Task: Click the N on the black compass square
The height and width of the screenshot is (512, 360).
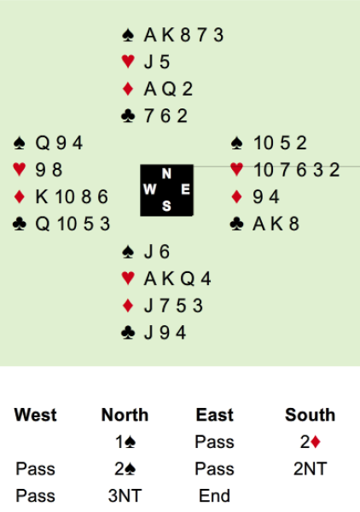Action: point(166,173)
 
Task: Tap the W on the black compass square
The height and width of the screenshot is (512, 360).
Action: point(149,189)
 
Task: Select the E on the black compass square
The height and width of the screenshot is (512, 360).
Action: point(185,189)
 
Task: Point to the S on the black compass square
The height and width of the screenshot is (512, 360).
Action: point(166,206)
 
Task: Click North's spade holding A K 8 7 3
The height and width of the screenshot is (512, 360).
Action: point(183,35)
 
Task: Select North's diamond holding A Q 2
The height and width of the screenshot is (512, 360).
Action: point(168,89)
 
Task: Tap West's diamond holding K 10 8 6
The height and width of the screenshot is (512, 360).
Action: point(72,197)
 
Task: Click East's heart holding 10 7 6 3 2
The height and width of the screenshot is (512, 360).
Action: point(296,170)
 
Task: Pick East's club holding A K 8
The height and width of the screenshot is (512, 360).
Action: point(276,224)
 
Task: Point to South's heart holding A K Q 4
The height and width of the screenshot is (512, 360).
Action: point(177,279)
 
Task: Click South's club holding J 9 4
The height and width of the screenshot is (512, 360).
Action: point(165,333)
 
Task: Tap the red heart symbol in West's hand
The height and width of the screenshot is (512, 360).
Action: point(20,170)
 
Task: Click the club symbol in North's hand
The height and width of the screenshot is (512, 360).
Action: point(128,116)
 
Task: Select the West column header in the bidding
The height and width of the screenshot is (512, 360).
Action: point(35,415)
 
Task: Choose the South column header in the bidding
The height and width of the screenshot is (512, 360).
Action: point(310,415)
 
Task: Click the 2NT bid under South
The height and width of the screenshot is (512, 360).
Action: point(310,468)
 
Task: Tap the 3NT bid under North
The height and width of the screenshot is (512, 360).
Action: point(125,496)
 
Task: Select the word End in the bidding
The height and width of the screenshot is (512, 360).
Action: point(214,496)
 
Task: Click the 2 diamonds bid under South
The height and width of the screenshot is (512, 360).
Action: point(310,442)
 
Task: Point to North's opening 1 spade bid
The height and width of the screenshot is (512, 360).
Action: point(125,442)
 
